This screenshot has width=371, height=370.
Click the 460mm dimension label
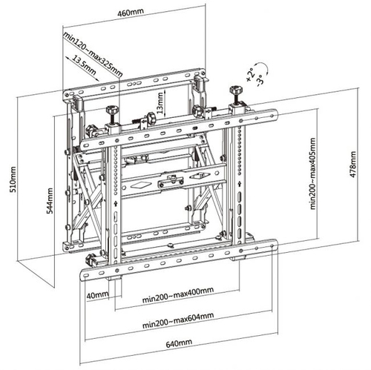pos(131,13)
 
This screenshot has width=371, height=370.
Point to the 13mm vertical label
pos(160,102)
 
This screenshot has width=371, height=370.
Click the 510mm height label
pos(13,179)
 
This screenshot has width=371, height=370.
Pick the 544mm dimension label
pos(50,201)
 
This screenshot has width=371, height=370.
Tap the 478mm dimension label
pos(352,164)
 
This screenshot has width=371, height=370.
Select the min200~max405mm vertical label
pos(312,174)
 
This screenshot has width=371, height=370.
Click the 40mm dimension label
pos(97,295)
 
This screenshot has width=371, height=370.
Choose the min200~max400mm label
pos(178,294)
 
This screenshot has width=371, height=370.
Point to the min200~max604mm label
pos(178,320)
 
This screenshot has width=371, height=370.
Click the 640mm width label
pos(179,343)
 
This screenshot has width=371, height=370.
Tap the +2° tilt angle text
pos(250,75)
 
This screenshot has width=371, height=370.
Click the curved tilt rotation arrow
pos(265,67)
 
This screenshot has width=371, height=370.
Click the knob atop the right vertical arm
pos(236,89)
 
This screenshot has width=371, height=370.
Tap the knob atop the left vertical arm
pos(113,109)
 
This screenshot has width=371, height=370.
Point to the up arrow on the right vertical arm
pos(240,184)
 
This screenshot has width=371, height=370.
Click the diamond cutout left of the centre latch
pos(140,185)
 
